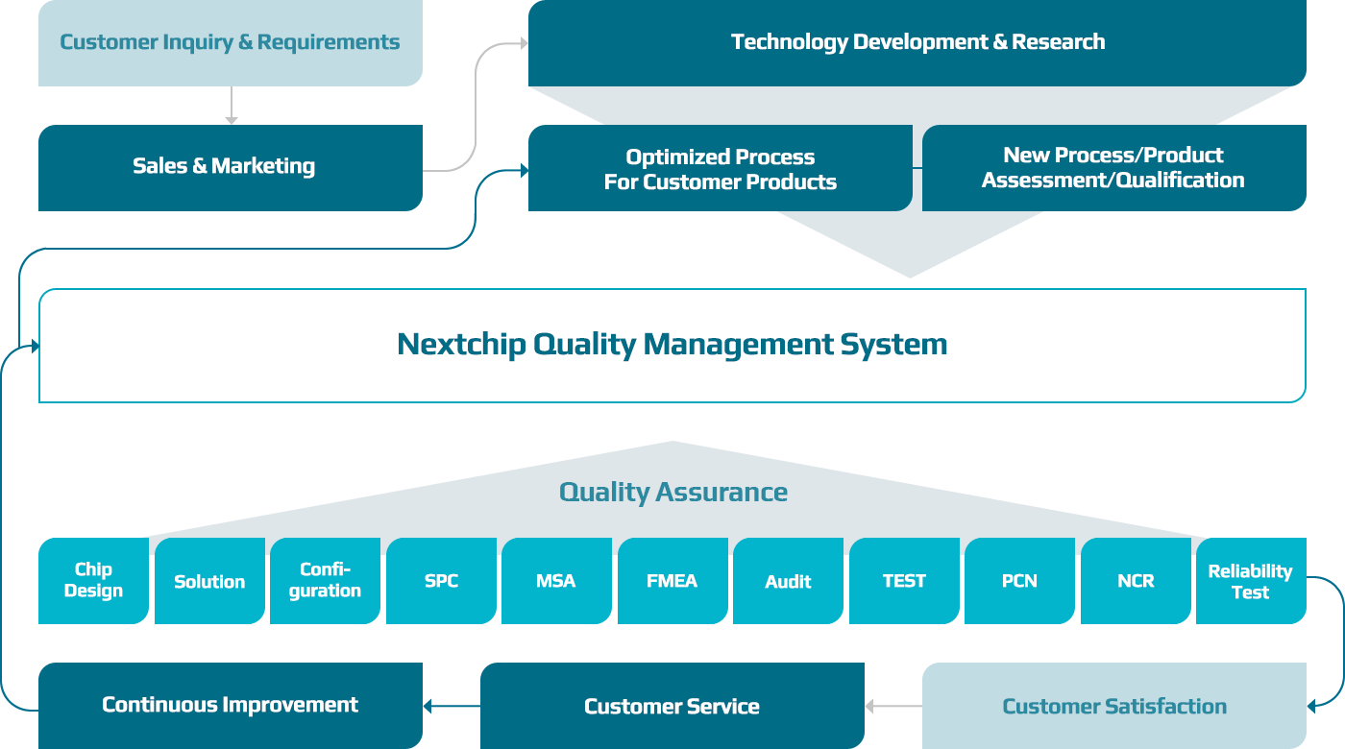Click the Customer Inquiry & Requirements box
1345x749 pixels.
(x=230, y=43)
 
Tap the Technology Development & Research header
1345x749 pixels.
(x=917, y=42)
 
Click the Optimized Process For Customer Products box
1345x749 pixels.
(x=720, y=169)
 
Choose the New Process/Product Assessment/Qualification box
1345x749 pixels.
(x=1113, y=168)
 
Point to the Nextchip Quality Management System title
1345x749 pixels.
(x=672, y=344)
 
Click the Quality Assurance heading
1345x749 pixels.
(x=672, y=493)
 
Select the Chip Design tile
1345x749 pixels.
(x=93, y=581)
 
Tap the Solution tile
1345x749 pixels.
(x=209, y=581)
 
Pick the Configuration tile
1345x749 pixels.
(x=325, y=581)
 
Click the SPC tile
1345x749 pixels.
(x=441, y=581)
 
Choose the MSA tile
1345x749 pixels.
(x=556, y=581)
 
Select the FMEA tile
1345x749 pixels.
(x=672, y=581)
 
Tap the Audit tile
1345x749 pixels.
(x=788, y=581)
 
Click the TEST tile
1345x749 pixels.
(x=904, y=581)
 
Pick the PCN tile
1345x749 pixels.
(x=1019, y=581)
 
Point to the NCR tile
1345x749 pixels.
(x=1136, y=581)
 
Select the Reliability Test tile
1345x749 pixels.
(x=1250, y=581)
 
